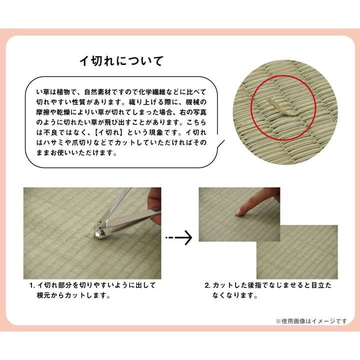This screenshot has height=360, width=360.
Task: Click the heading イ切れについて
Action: tap(121, 61)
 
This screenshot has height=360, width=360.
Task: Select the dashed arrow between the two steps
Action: tap(179, 237)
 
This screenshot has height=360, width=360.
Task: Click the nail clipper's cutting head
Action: tap(99, 232)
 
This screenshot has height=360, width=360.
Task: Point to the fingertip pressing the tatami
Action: tap(239, 212)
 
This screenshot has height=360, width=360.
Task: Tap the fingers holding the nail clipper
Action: tap(154, 204)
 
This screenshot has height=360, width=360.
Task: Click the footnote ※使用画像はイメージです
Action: tap(311, 321)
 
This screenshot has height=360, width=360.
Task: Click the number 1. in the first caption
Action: tap(32, 285)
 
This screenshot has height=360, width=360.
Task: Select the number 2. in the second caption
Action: tap(207, 285)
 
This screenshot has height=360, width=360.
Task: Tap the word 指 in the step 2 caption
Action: tap(256, 285)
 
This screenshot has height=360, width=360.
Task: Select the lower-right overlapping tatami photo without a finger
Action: tap(297, 252)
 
